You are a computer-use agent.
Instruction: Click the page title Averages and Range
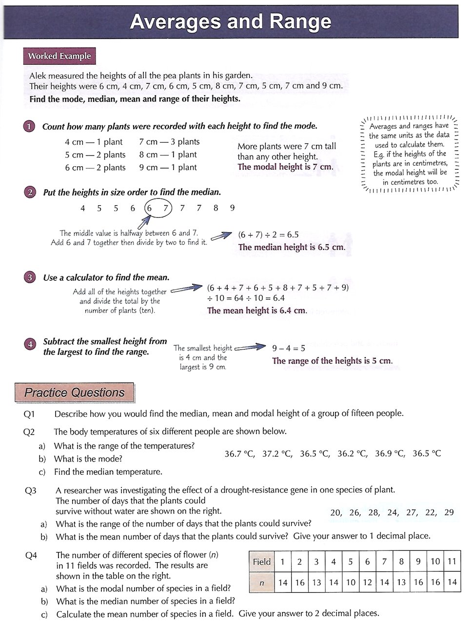point(231,22)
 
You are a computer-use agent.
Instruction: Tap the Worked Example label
point(59,56)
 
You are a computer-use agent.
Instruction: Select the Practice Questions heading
point(74,392)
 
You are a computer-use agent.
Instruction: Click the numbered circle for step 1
point(29,127)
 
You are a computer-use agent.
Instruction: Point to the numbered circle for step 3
point(30,277)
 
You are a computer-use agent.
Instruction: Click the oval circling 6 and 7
point(158,209)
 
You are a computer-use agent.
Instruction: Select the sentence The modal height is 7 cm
point(285,167)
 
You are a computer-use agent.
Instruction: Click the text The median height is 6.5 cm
point(292,247)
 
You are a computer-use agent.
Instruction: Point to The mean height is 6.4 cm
point(257,311)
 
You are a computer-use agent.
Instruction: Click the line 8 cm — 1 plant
point(168,155)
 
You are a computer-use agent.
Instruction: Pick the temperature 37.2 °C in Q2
point(277,454)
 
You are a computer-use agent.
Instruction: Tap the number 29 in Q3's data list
point(449,512)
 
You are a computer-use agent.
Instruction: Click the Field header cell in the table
point(261,562)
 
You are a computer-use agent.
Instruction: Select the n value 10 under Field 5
point(350,582)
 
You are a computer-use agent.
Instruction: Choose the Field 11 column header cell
point(452,562)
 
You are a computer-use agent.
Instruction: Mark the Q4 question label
point(31,555)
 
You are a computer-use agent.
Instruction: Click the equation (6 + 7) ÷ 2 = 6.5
point(268,235)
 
